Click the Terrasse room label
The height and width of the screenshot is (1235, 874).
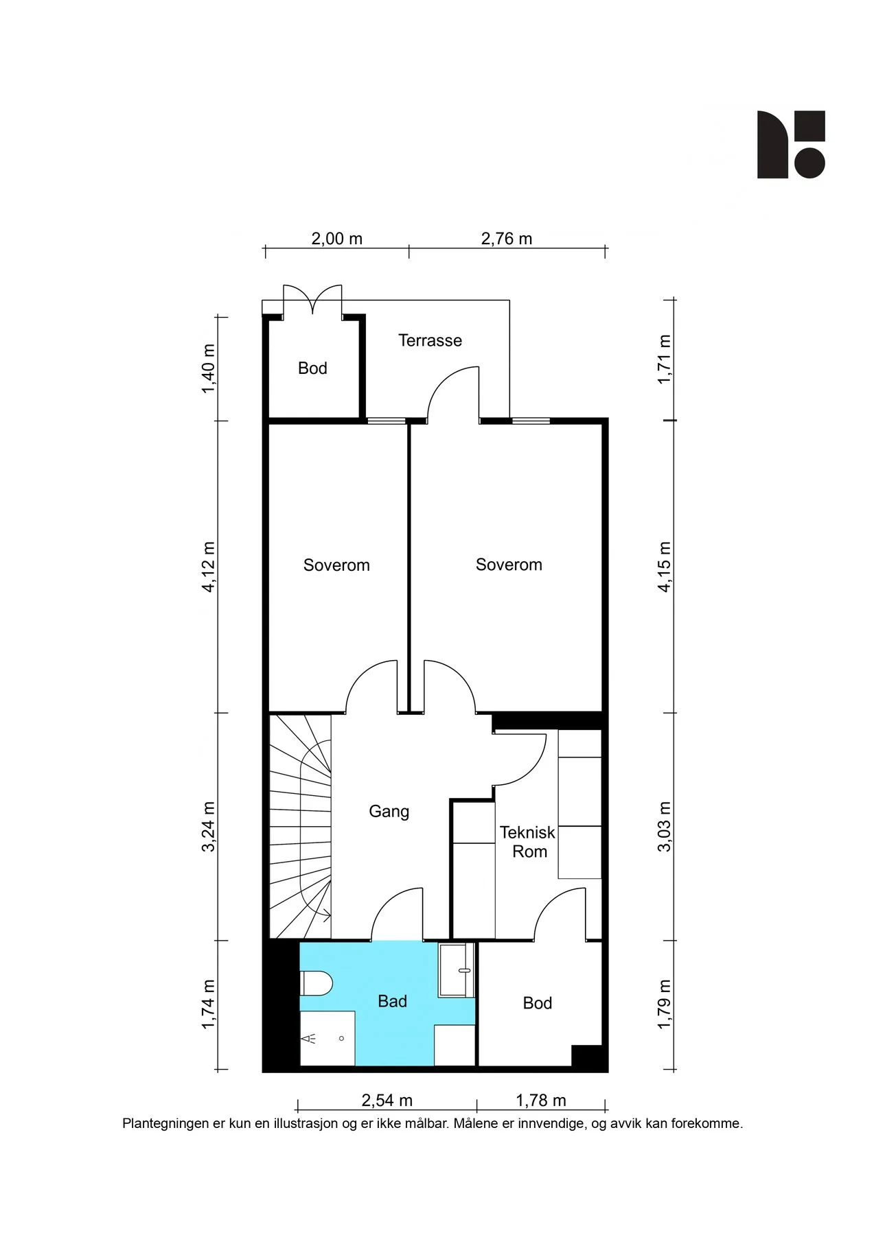click(430, 340)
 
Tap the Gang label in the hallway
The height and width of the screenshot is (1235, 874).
click(389, 812)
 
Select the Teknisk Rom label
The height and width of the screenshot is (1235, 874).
click(527, 842)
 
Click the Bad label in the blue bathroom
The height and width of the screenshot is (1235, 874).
click(392, 1002)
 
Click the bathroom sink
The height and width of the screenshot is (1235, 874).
click(457, 970)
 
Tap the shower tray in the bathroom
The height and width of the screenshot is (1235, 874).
click(327, 1039)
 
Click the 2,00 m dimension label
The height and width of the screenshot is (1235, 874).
click(336, 239)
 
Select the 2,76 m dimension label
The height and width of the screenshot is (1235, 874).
click(507, 239)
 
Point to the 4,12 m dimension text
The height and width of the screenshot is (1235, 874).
click(208, 566)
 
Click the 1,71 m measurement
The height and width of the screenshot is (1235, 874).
click(664, 360)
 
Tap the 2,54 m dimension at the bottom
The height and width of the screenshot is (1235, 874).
click(387, 1101)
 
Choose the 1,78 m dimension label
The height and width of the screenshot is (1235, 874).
click(541, 1101)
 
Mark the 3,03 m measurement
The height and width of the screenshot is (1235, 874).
click(664, 827)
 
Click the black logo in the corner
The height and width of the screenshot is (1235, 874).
click(791, 145)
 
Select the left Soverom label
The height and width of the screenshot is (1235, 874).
click(336, 565)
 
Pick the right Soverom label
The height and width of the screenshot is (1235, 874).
click(509, 565)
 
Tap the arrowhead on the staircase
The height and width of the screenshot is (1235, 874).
click(327, 915)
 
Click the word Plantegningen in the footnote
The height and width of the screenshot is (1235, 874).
click(166, 1124)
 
